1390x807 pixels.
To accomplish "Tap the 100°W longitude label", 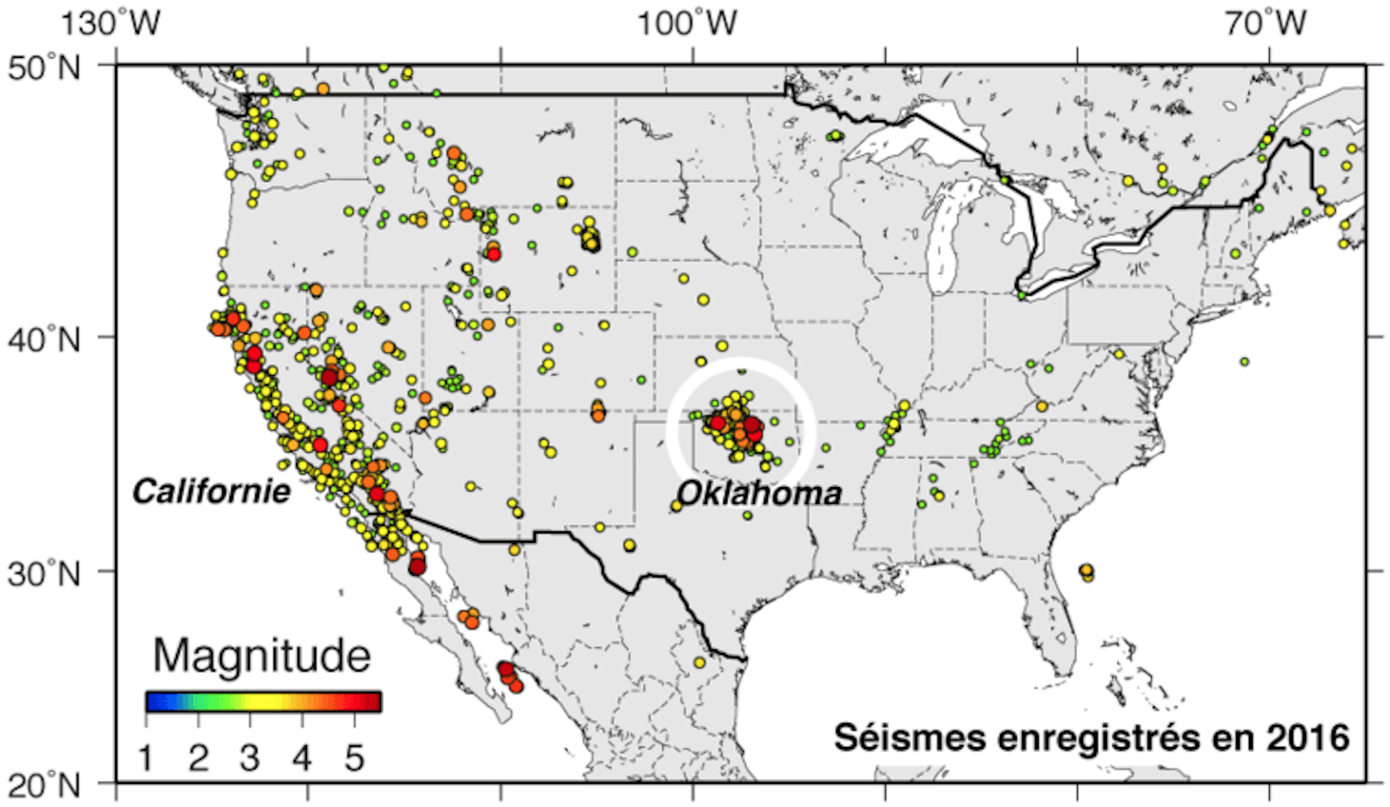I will click(686, 23).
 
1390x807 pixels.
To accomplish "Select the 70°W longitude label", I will click(1265, 23).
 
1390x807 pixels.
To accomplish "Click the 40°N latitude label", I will click(45, 339).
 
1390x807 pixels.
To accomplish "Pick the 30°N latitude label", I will click(45, 573).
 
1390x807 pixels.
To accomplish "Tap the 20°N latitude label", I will click(45, 785).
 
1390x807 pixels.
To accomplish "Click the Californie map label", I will click(211, 492).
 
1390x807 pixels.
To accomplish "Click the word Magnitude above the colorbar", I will click(262, 656).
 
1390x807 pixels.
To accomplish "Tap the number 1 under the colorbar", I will click(147, 759).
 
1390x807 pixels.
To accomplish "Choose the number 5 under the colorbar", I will click(354, 759).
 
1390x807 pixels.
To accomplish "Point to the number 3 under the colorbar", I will click(250, 759).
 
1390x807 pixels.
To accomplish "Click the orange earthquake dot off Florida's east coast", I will click(1086, 572).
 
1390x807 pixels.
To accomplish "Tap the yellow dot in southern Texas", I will click(699, 662).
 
